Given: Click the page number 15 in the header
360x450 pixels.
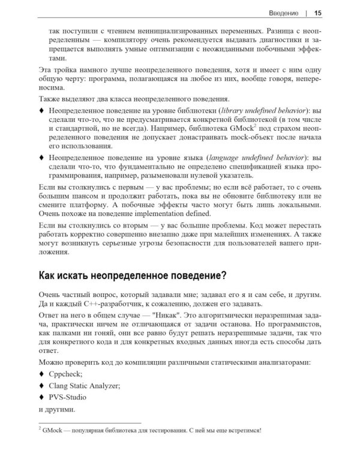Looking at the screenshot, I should pos(318,12).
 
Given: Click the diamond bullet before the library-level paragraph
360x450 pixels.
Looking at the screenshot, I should pos(41,111).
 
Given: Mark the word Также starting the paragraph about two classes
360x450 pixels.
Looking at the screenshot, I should pos(50,98).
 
